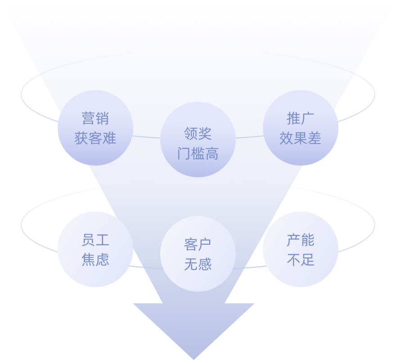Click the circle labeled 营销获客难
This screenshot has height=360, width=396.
tap(95, 128)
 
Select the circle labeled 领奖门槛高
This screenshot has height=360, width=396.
tap(198, 139)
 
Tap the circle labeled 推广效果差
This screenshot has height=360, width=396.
tap(300, 128)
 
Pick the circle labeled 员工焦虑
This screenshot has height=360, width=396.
tap(95, 249)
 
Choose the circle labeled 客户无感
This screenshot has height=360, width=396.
tap(198, 254)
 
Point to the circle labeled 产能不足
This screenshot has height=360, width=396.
tap(300, 249)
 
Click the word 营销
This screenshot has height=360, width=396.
tap(95, 118)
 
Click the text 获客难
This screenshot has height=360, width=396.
tap(95, 138)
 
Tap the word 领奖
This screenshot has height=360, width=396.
tap(198, 134)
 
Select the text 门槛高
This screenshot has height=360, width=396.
tap(198, 153)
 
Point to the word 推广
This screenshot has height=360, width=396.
tap(300, 118)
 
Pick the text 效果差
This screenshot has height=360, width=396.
tap(300, 138)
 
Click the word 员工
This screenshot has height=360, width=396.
tap(95, 240)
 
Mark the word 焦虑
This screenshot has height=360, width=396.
tap(95, 260)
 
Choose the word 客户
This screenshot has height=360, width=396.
tap(198, 244)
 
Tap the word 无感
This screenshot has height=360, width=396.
tap(198, 264)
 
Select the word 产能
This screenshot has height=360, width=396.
tap(300, 240)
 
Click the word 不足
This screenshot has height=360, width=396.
tap(300, 260)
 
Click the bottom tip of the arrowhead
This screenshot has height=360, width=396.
tap(193, 358)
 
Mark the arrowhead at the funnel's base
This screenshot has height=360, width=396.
tap(193, 324)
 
